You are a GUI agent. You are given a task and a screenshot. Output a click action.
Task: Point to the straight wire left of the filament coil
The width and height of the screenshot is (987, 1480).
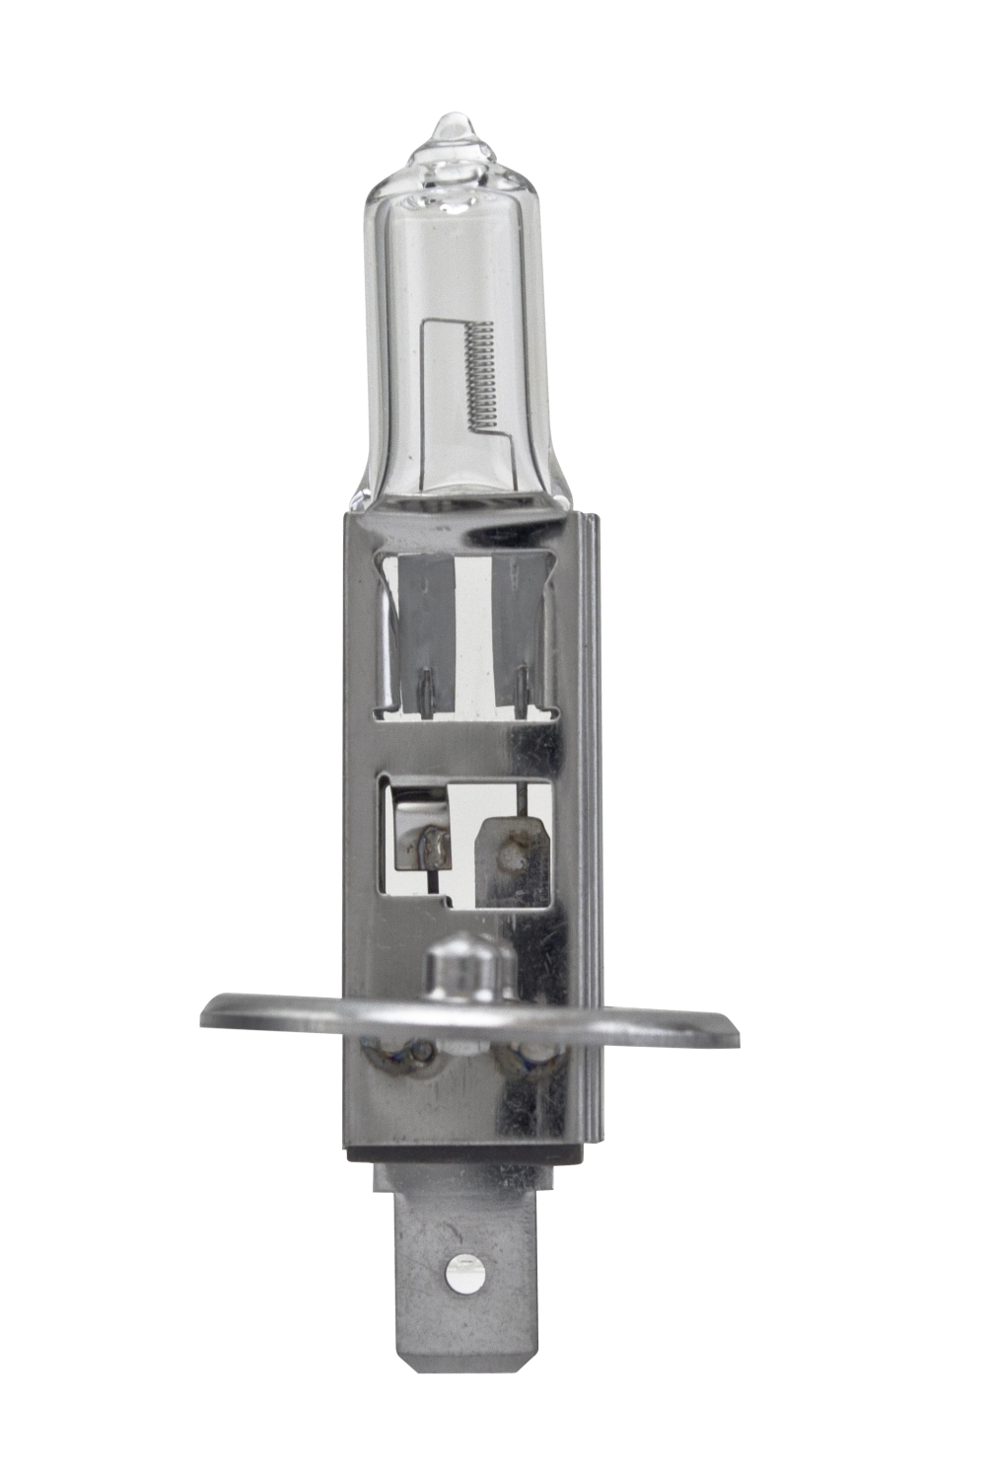[x=424, y=395]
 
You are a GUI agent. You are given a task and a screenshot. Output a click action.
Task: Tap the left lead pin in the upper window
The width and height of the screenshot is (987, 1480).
[x=425, y=685]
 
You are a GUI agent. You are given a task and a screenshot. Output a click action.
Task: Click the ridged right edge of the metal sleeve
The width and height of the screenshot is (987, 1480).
[x=589, y=789]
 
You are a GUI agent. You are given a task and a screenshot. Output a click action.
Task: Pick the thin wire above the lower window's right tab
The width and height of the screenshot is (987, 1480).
[x=515, y=795]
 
